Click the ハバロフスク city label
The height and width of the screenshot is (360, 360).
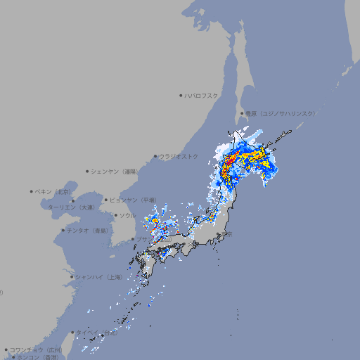click(x=202, y=95)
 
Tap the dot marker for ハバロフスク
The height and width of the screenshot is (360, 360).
click(x=181, y=95)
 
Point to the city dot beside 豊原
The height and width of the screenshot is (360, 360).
click(x=242, y=113)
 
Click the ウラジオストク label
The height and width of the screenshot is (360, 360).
click(x=179, y=156)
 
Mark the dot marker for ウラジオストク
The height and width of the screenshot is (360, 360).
click(x=155, y=156)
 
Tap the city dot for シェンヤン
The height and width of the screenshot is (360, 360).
click(x=88, y=171)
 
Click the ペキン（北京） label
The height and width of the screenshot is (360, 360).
click(x=53, y=191)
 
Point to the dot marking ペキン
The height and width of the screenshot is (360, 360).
click(x=32, y=191)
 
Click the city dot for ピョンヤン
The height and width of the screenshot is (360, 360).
click(x=106, y=200)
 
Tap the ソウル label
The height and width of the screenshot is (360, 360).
click(x=127, y=215)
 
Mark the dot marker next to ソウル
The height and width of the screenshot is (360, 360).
click(x=115, y=215)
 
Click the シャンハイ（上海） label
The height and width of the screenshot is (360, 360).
click(x=98, y=277)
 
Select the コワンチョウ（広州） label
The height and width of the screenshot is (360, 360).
click(x=35, y=349)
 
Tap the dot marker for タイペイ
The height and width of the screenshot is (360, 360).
click(x=72, y=333)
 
